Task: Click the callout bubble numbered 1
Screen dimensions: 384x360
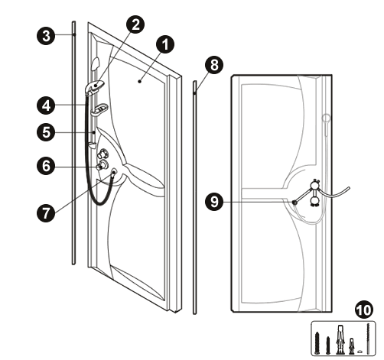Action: point(165,44)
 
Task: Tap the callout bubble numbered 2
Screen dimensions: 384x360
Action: point(135,24)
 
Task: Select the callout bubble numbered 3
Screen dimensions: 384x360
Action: point(46,36)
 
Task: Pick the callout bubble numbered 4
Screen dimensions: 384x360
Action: point(46,105)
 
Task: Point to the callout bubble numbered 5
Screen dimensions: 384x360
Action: point(46,132)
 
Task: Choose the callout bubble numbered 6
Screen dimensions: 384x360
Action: point(46,166)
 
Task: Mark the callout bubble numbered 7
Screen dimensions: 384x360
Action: point(46,212)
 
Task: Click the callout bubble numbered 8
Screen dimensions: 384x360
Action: point(214,65)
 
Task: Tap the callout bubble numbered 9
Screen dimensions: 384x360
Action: point(214,201)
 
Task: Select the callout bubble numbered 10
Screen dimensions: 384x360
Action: point(364,310)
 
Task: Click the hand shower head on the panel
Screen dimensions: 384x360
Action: point(95,86)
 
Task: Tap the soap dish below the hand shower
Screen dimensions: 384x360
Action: point(99,109)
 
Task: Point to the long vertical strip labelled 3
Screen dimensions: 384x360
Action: point(73,143)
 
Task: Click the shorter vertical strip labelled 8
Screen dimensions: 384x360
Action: point(195,197)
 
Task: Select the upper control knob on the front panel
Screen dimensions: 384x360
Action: point(103,154)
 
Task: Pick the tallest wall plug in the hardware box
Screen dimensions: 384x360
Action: point(340,339)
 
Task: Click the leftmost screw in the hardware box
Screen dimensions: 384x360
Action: point(317,343)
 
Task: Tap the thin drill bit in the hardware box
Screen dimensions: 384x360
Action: point(368,339)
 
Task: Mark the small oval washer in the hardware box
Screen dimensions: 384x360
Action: point(360,352)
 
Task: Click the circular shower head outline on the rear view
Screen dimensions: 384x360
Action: point(327,118)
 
